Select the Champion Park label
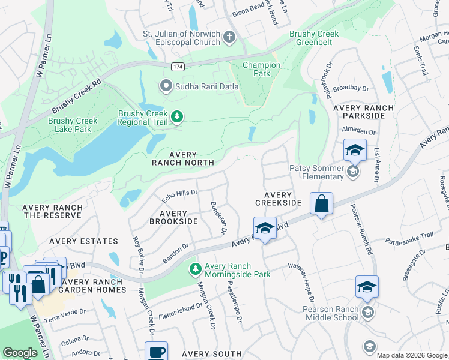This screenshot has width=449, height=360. tap(261, 69)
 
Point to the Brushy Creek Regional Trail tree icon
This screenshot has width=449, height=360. tap(176, 116)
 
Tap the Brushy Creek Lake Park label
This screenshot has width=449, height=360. tap(73, 125)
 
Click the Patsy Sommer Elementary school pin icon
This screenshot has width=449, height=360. tap(354, 172)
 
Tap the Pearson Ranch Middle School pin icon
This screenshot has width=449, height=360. tap(368, 313)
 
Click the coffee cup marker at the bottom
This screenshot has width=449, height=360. tap(156, 352)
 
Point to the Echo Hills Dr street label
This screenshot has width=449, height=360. tap(180, 196)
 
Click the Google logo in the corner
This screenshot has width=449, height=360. tap(20, 353)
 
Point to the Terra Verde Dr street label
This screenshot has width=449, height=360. tap(65, 315)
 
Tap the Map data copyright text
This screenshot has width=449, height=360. tap(411, 355)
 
